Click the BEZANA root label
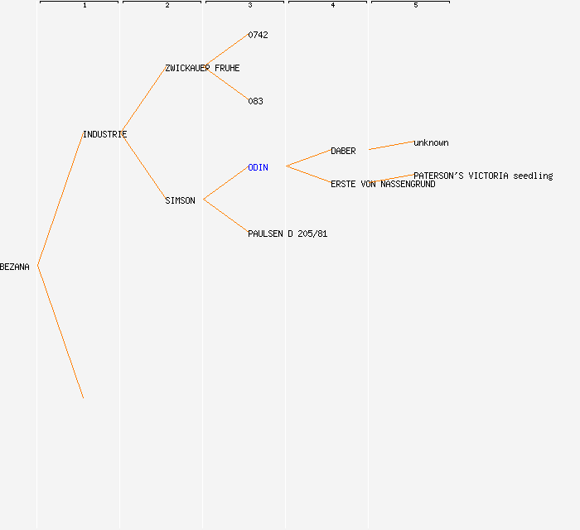tap(14, 267)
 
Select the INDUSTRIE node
tap(105, 134)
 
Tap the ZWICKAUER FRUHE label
tap(202, 69)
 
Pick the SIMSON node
tap(180, 200)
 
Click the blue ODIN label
tap(258, 168)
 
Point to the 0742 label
tap(258, 35)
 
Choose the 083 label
tap(255, 101)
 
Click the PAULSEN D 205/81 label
tap(288, 234)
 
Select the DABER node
tap(343, 152)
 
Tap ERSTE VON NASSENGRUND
tap(383, 184)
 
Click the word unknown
tap(431, 143)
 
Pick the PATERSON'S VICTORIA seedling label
tap(483, 176)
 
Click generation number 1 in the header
tap(85, 5)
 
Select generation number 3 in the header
tap(250, 5)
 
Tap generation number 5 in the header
tap(416, 5)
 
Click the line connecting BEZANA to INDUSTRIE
tap(60, 200)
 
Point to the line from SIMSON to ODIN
tap(226, 183)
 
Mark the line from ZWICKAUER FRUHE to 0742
tap(226, 51)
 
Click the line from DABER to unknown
tap(391, 145)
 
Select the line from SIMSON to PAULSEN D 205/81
tap(226, 216)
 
